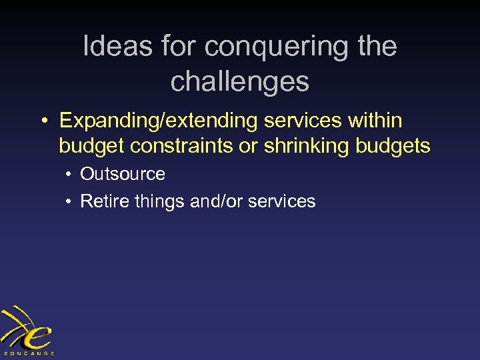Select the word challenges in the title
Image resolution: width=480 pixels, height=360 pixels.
[x=240, y=81]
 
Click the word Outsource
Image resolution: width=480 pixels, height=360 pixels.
[x=123, y=174]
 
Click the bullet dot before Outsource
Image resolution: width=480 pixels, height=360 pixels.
[x=69, y=175]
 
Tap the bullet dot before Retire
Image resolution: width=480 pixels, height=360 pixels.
[x=69, y=201]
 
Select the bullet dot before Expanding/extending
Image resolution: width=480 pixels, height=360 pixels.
[x=44, y=121]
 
